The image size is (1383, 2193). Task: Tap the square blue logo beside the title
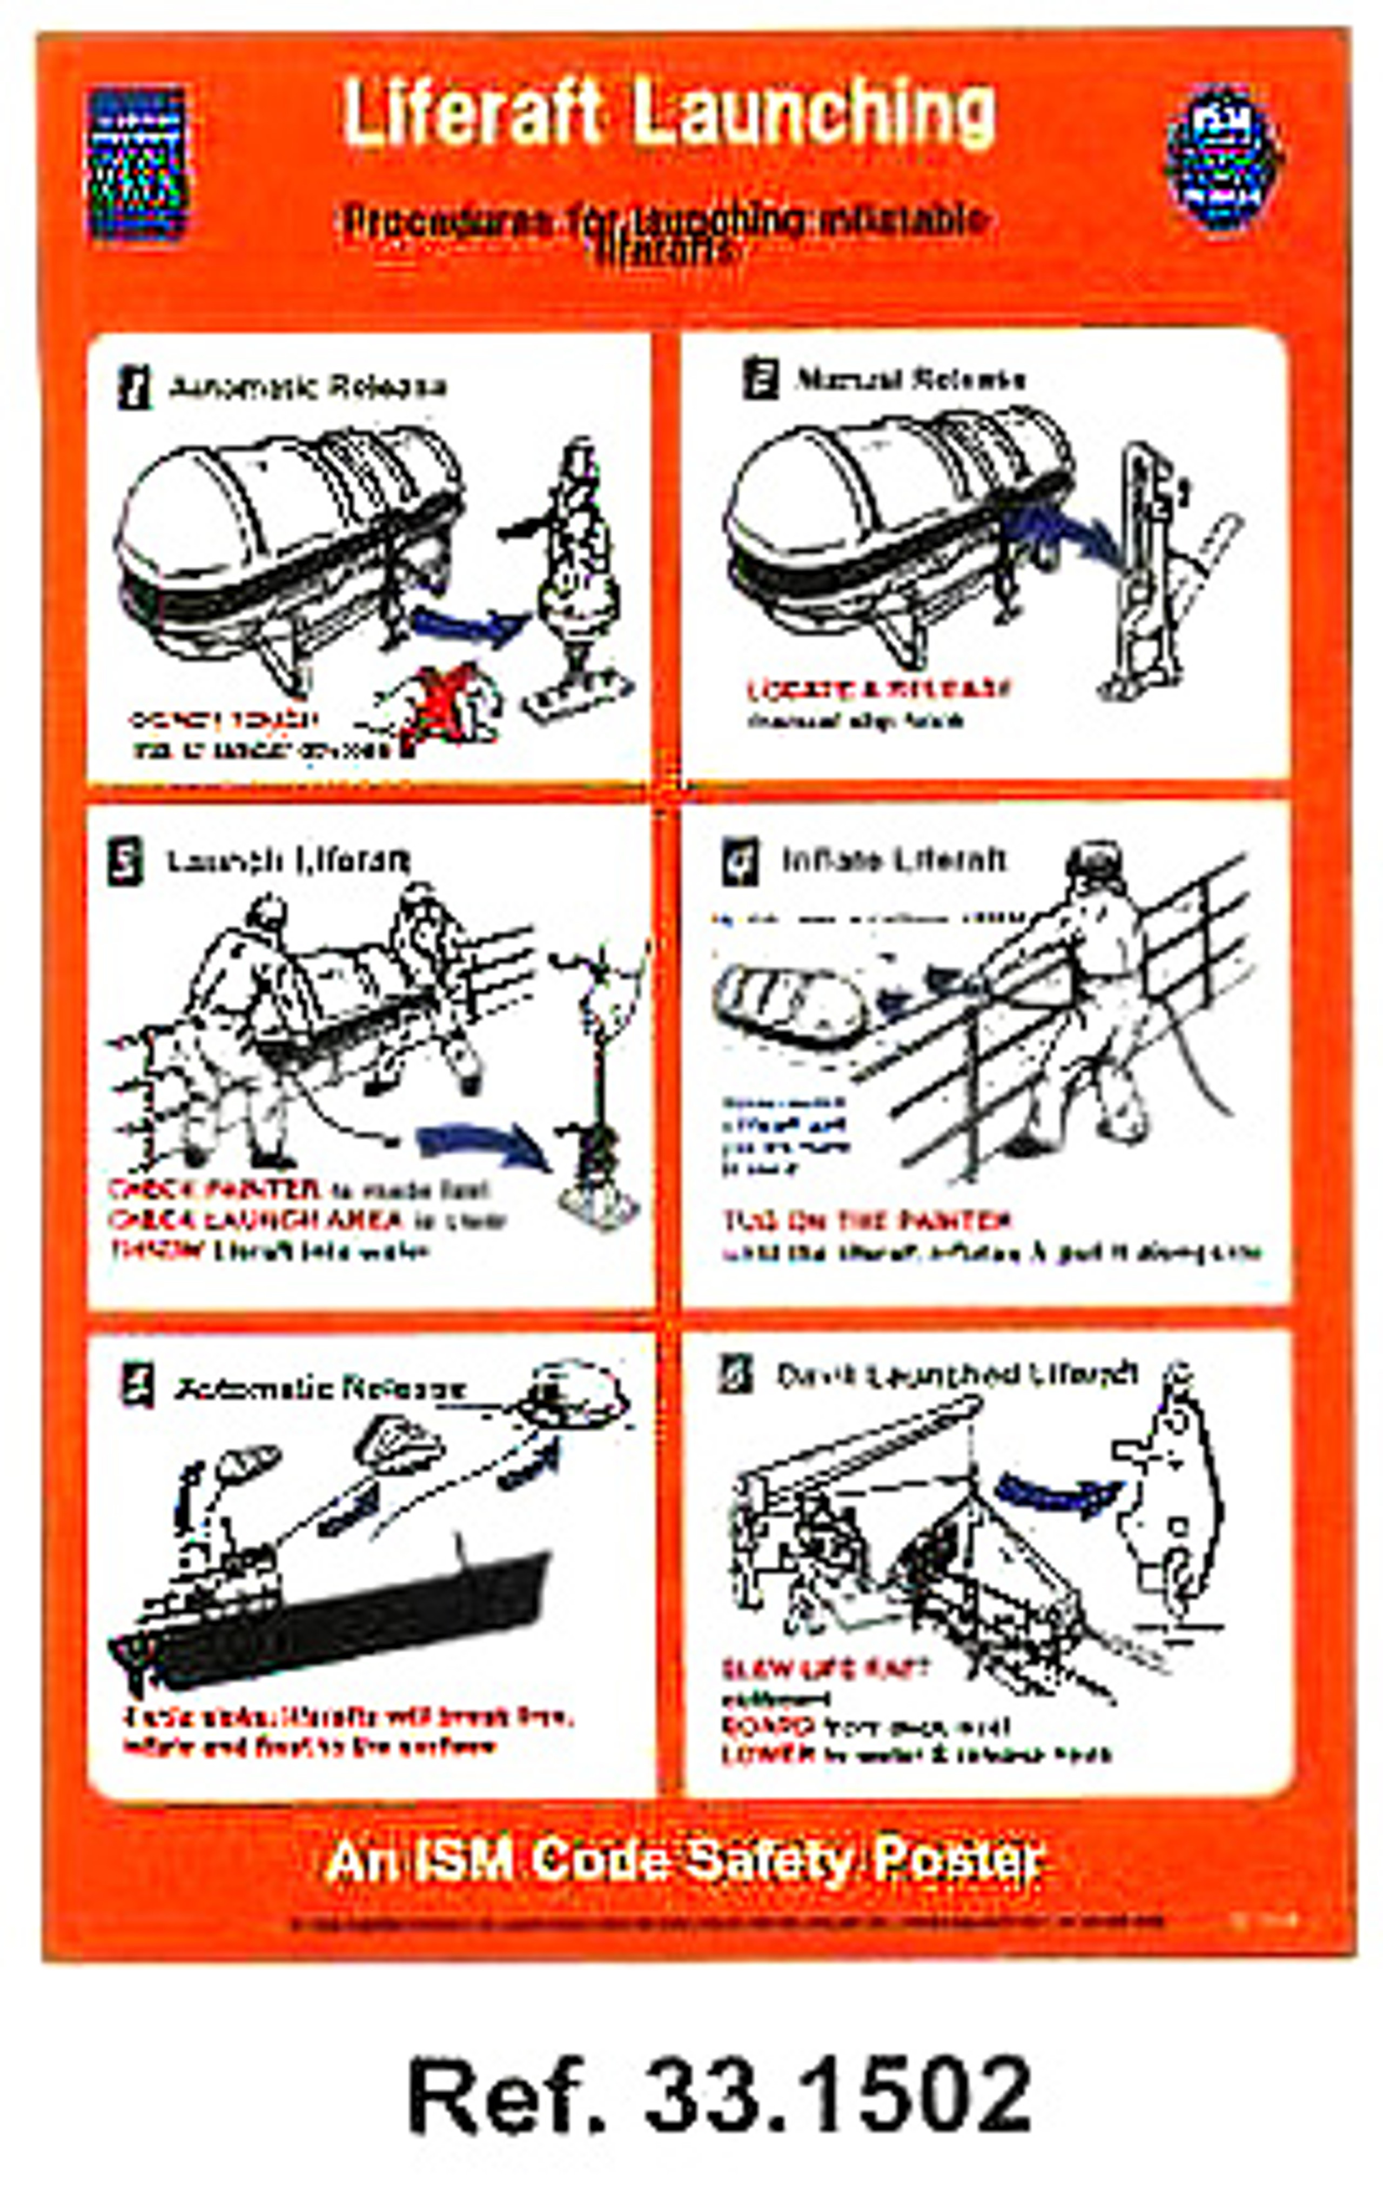pyautogui.click(x=137, y=164)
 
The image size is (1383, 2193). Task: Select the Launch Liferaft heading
pyautogui.click(x=288, y=861)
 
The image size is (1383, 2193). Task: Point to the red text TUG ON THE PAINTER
pyautogui.click(x=866, y=1220)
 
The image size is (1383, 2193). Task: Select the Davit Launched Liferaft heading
pyautogui.click(x=956, y=1374)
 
